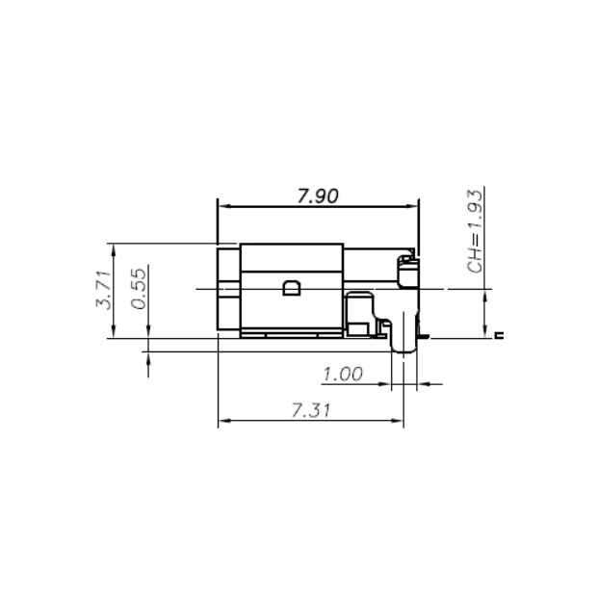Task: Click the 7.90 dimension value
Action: click(x=317, y=195)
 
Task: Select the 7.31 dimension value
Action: click(x=311, y=410)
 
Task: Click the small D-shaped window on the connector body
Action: click(x=290, y=288)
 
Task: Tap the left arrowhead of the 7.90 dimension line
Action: click(x=223, y=205)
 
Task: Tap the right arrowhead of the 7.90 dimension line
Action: click(x=414, y=205)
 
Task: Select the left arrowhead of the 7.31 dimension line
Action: click(x=224, y=421)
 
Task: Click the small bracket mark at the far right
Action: click(x=498, y=335)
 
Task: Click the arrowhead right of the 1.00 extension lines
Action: click(x=423, y=385)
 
